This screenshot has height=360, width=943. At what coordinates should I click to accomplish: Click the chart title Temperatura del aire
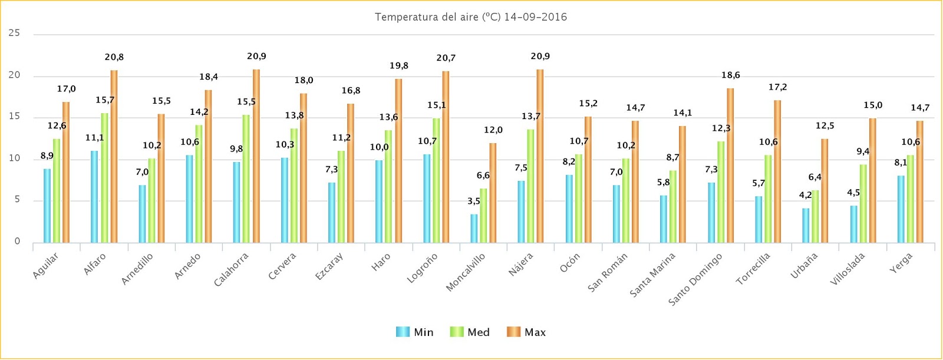pyautogui.click(x=470, y=17)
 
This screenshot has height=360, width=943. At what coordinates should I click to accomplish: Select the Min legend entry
pyautogui.click(x=415, y=332)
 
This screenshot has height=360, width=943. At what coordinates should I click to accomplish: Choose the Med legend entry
pyautogui.click(x=470, y=332)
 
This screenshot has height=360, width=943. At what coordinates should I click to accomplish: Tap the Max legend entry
pyautogui.click(x=526, y=332)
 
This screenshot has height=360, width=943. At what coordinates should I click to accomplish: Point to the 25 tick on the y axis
pyautogui.click(x=14, y=34)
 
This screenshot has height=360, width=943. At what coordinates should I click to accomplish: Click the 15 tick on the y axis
pyautogui.click(x=14, y=117)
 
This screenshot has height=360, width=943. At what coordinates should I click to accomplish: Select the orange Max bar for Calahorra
pyautogui.click(x=256, y=156)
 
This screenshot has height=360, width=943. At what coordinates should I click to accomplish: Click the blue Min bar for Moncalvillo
pyautogui.click(x=474, y=229)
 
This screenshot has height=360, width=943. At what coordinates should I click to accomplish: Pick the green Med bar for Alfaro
pyautogui.click(x=104, y=178)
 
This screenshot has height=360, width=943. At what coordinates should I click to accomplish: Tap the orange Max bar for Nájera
pyautogui.click(x=540, y=156)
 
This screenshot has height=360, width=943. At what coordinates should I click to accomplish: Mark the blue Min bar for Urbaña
pyautogui.click(x=806, y=226)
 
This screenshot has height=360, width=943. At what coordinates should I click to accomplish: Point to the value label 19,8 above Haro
pyautogui.click(x=398, y=66)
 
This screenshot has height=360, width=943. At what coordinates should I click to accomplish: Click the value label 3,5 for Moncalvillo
pyautogui.click(x=474, y=202)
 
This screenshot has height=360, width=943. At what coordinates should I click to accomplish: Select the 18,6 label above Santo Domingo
pyautogui.click(x=730, y=75)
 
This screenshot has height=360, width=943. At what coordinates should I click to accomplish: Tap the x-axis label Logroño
pyautogui.click(x=423, y=268)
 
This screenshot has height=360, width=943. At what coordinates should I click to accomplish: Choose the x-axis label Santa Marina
pyautogui.click(x=653, y=275)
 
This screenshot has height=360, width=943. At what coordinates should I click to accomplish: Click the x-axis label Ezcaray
pyautogui.click(x=329, y=266)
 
